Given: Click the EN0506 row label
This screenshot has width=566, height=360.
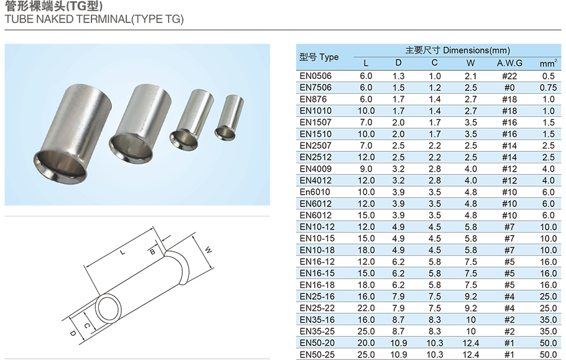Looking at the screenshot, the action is coord(315,76).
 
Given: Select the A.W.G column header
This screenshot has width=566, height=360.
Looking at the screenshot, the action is coord(509,63).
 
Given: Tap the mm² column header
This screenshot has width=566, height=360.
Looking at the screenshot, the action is coord(549,63).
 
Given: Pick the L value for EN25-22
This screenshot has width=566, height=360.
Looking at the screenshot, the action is coord(366,308).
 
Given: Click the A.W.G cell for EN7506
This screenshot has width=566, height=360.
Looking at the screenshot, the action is coord(509,88).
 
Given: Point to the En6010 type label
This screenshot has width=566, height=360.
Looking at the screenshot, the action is coord(315,192).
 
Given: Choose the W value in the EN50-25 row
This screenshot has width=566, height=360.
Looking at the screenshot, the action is coord(471,354).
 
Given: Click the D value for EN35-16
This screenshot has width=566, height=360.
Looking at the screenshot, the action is coord(399,320).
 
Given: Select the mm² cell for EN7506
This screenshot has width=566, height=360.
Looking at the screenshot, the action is coord(549,88).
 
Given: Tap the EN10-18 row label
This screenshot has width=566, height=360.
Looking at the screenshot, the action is coord(317,250).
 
